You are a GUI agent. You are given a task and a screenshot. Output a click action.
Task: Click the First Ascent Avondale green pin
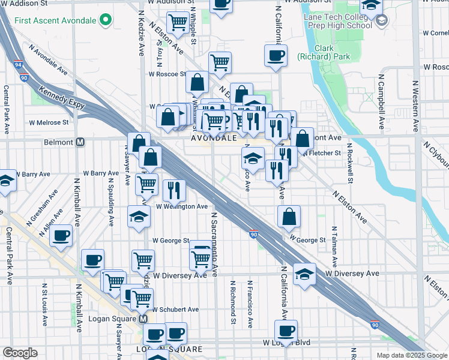click(106, 20)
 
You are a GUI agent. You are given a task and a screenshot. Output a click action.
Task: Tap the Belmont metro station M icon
click(80, 143)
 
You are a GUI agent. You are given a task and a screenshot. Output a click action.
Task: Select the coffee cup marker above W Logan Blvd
click(286, 330)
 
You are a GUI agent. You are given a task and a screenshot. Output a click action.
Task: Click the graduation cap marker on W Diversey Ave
click(305, 274)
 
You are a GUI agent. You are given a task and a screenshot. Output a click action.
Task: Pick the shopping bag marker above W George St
click(289, 217)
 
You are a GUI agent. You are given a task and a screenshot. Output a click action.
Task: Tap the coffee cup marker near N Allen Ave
click(61, 235)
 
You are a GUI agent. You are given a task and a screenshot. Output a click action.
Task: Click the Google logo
click(20, 353)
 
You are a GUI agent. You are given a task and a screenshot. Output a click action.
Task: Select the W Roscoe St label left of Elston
click(167, 74)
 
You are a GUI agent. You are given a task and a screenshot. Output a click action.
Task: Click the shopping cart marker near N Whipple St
click(178, 23)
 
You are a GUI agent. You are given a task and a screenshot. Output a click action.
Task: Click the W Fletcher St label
click(321, 153)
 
